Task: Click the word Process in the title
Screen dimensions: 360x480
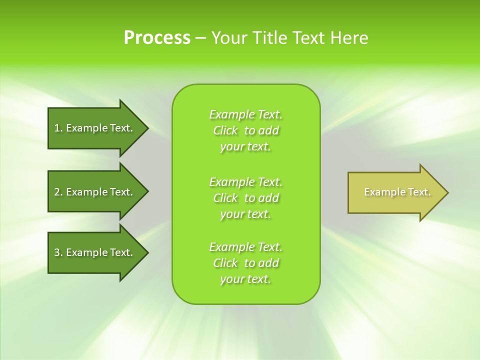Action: (x=157, y=38)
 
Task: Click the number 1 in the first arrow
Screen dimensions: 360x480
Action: (x=57, y=128)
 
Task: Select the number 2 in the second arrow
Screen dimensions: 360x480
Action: (x=57, y=192)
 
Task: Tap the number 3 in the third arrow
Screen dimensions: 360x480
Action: (x=57, y=252)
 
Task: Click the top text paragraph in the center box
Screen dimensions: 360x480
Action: (x=245, y=130)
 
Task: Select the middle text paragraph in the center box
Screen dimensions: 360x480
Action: (x=245, y=198)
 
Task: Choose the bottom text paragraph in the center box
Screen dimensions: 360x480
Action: (x=245, y=263)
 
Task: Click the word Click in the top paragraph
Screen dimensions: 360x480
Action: (x=225, y=130)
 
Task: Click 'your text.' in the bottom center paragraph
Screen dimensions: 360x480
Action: (x=245, y=279)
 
